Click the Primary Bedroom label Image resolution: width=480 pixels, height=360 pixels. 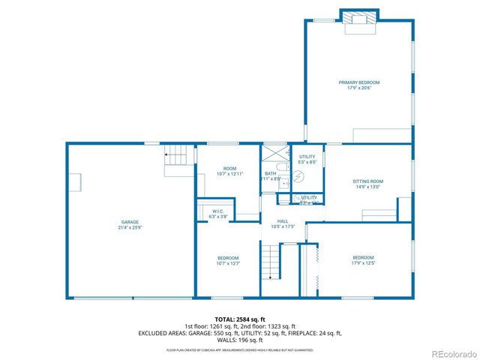click(x=358, y=82)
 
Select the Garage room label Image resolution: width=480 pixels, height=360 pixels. click(x=130, y=222)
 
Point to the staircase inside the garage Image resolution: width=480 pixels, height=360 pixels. click(x=176, y=156)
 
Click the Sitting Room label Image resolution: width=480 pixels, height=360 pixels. click(x=367, y=181)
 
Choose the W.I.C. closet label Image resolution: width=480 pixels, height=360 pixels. click(x=218, y=211)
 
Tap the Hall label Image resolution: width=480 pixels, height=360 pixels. click(x=283, y=221)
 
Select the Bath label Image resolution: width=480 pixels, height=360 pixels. click(x=270, y=173)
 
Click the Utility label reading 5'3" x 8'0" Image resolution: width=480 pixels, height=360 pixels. click(x=307, y=157)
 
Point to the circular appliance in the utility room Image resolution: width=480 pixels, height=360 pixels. click(x=298, y=176)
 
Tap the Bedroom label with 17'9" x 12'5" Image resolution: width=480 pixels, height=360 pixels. click(x=363, y=258)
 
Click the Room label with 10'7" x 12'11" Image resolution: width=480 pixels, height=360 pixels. click(x=229, y=169)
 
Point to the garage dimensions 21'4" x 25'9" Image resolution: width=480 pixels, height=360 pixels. click(x=130, y=227)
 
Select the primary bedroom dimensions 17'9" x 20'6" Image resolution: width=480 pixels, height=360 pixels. click(x=358, y=88)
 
